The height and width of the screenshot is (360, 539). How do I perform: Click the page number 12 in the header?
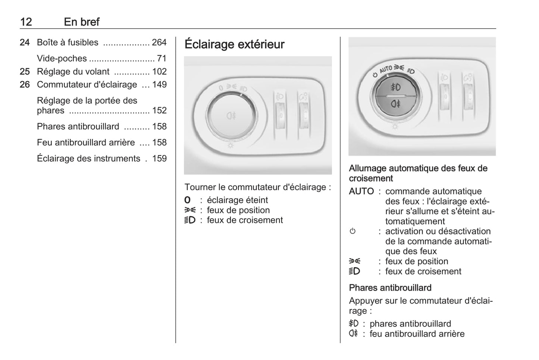point(26,22)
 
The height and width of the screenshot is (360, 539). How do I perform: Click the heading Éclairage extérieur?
point(234,44)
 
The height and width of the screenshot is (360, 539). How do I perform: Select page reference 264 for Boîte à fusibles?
point(159,43)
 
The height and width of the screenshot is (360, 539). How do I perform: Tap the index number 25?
point(25,72)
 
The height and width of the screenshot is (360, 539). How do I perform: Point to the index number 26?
point(25,85)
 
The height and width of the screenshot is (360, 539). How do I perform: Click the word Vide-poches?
point(62,59)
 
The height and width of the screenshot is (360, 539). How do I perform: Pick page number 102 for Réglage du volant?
point(159,72)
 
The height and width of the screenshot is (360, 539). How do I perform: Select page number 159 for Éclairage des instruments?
point(159,159)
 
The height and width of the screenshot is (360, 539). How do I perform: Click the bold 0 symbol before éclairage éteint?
point(187,200)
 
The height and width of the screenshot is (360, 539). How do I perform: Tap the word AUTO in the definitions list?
point(361,191)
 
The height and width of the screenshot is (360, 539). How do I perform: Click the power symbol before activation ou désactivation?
point(352,231)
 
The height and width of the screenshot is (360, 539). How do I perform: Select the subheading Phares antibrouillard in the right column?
point(390,288)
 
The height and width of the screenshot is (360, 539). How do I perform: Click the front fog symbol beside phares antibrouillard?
point(354,323)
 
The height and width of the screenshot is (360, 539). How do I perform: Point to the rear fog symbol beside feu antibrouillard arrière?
point(354,334)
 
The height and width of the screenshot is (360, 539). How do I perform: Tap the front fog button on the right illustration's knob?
point(395,87)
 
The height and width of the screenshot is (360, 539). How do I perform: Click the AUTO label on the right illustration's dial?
point(386,69)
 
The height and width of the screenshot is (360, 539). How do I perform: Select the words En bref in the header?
point(82,22)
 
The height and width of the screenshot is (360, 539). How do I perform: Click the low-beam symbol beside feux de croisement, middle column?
point(190,220)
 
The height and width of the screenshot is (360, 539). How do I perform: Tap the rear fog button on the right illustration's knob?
point(395,103)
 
